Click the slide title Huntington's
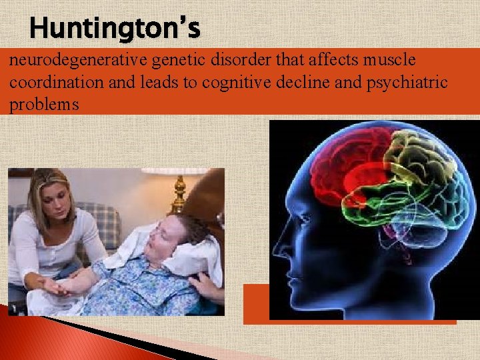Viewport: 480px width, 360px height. [115, 28]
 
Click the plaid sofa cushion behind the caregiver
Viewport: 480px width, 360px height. [103, 220]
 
